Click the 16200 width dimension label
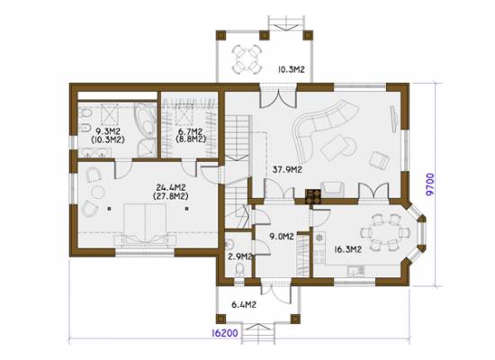[224, 333]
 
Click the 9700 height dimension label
[430, 184]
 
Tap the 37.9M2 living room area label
[287, 170]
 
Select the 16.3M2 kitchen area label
[347, 249]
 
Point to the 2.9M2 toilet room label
[239, 256]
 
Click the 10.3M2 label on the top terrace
[291, 69]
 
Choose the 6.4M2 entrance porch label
[244, 305]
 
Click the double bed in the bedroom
[145, 224]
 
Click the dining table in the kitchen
[385, 232]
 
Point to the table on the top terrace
[247, 58]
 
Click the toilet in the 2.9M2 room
[240, 270]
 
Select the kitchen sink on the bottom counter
[355, 270]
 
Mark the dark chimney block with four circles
[313, 196]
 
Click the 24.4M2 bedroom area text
[171, 187]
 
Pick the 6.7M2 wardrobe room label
[191, 131]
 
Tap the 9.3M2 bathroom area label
[107, 131]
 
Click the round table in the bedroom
[98, 192]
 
